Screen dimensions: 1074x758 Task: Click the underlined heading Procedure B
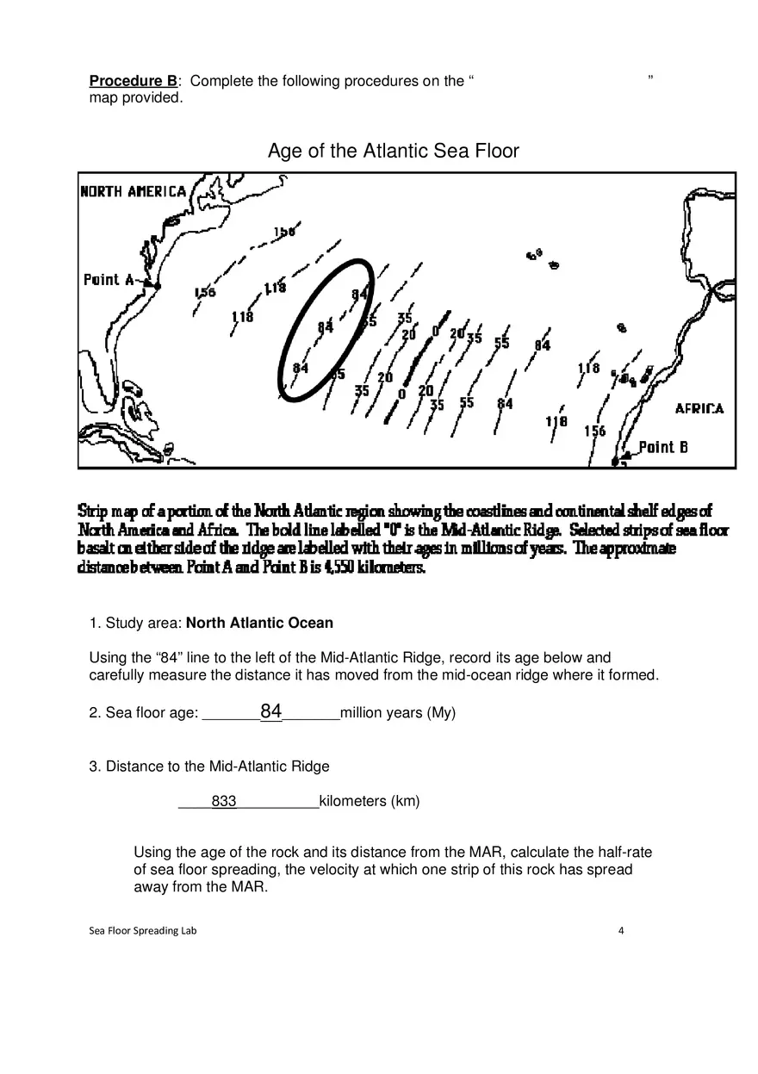(134, 81)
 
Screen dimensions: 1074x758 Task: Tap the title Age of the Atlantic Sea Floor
(393, 152)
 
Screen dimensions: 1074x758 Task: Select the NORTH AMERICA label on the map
(133, 191)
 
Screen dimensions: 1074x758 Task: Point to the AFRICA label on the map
(699, 409)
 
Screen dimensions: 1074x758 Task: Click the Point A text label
(109, 280)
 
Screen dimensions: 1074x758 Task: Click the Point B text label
(662, 447)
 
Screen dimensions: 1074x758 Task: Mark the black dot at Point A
(158, 284)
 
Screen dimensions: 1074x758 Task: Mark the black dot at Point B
(615, 463)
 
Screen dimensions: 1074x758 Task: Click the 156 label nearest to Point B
(594, 431)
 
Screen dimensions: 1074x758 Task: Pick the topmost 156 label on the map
(284, 232)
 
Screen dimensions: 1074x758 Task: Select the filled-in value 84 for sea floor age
(271, 711)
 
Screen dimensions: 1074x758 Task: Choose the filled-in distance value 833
(224, 802)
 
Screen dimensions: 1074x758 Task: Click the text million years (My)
(398, 713)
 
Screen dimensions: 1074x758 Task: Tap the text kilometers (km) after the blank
(370, 802)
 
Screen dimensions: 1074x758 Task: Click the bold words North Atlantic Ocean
(259, 623)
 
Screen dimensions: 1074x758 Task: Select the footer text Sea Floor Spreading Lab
(143, 930)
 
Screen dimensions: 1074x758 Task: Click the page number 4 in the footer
(621, 930)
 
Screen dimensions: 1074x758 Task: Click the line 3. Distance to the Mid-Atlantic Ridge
(209, 767)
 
